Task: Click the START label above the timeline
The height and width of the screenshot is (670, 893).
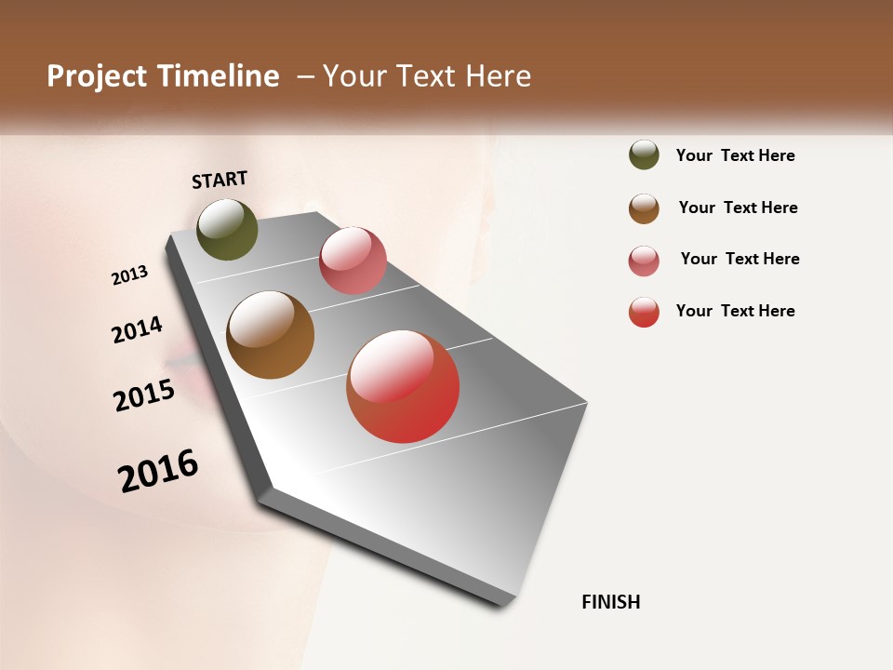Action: click(x=220, y=180)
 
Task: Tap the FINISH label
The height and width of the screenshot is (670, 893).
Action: click(x=610, y=602)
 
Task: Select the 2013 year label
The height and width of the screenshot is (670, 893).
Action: click(x=130, y=275)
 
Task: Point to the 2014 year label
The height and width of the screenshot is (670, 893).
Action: click(x=137, y=330)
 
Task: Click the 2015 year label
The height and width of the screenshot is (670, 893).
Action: click(x=144, y=395)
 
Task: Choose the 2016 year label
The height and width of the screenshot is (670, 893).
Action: click(x=158, y=471)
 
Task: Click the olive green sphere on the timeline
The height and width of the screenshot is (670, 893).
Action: click(x=227, y=230)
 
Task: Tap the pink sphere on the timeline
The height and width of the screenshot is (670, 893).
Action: click(x=353, y=261)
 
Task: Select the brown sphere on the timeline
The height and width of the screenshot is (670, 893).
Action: click(x=270, y=335)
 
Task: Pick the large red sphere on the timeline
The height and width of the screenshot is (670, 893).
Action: click(x=403, y=386)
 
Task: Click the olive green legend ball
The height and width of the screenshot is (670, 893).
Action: click(x=644, y=154)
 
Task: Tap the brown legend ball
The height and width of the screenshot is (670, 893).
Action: click(x=644, y=208)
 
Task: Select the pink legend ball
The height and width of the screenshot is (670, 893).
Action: click(x=644, y=261)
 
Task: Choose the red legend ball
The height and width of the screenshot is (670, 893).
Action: click(x=644, y=312)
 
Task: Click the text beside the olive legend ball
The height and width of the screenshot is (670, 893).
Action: click(x=735, y=155)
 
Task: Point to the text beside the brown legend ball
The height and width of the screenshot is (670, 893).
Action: click(x=738, y=208)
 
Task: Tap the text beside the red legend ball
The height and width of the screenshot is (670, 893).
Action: click(x=735, y=311)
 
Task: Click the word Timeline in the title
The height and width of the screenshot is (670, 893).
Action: click(x=218, y=76)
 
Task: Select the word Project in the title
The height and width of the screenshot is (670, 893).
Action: click(x=98, y=76)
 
